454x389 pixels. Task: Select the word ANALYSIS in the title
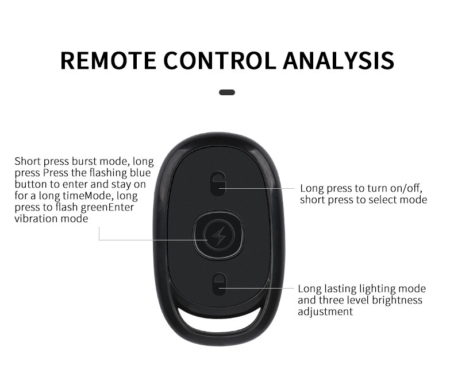[x=338, y=60]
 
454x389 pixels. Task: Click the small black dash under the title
[x=227, y=92]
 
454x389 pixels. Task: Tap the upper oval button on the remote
[x=218, y=183]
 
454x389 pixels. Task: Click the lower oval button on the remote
[x=218, y=284]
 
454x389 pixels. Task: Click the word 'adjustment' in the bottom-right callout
[x=325, y=312]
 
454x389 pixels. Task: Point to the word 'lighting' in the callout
[x=378, y=289]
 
